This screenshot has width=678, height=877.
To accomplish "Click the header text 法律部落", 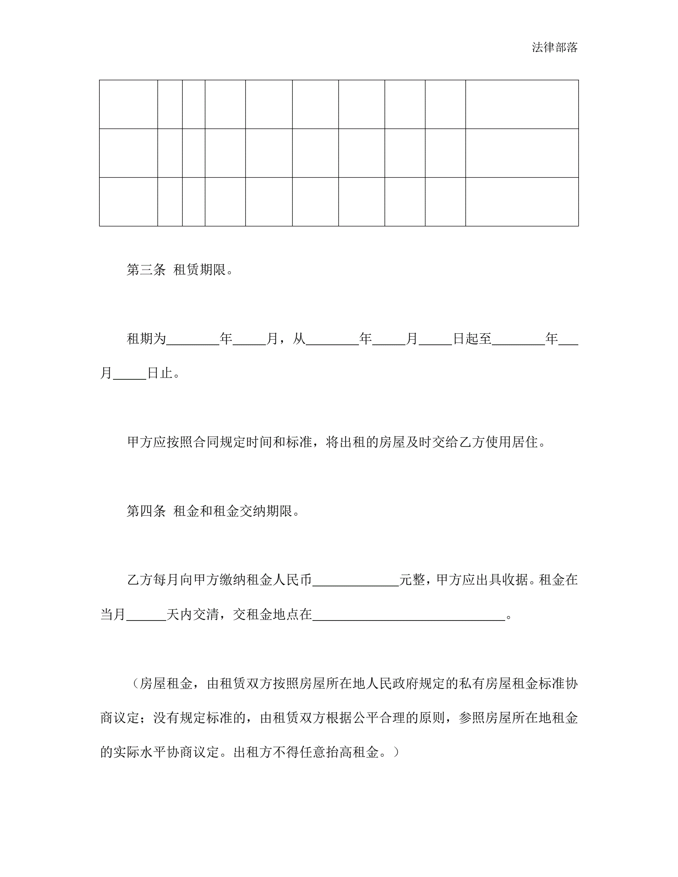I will [554, 47].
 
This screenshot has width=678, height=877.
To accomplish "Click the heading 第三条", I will [146, 269].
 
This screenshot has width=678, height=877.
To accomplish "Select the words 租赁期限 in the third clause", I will [199, 269].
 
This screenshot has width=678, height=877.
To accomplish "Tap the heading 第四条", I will [146, 511].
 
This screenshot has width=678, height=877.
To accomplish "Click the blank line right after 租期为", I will [193, 339].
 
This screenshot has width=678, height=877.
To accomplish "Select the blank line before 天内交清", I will [146, 615].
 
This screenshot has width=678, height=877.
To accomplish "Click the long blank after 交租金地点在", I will [408, 615].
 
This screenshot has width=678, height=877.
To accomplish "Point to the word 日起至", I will [472, 339].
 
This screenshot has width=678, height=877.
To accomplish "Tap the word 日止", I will [160, 374].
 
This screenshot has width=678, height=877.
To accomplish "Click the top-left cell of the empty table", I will [128, 104].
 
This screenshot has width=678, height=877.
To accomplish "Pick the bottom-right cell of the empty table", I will [522, 202].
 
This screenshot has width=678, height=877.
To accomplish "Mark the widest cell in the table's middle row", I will [522, 153].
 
